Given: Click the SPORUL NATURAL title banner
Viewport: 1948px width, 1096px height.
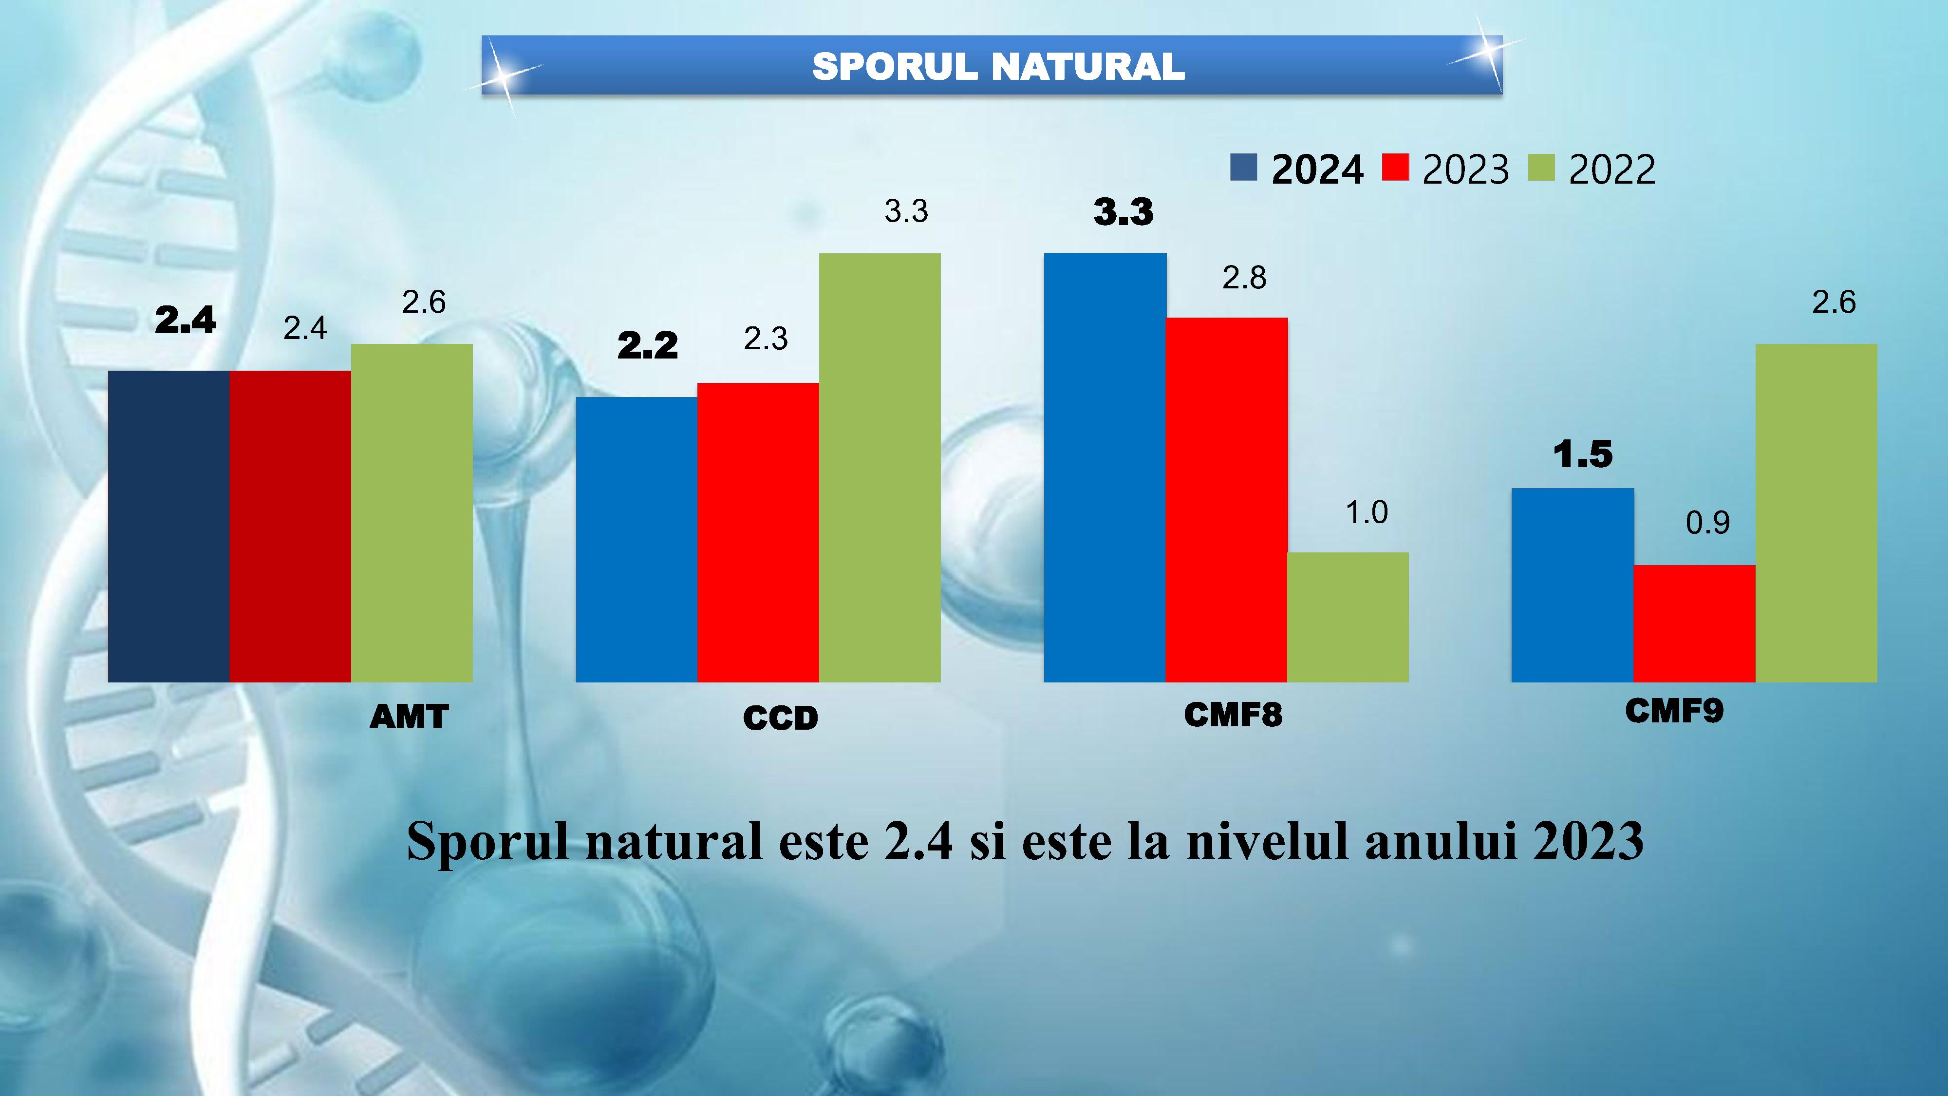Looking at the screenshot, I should point(992,66).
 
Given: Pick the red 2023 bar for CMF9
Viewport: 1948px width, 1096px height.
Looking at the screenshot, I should point(1694,624).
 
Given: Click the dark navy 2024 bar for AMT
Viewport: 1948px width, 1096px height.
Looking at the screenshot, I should point(169,527).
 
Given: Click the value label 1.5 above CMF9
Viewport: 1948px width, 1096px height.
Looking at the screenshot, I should point(1583,454).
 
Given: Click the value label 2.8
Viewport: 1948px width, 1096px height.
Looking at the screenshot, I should point(1244,278).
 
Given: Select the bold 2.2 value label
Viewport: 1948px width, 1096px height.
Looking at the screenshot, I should point(647,346).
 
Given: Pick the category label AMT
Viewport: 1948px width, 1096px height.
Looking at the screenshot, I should point(409,716).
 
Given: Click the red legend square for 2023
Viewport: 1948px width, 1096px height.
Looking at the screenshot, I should point(1395,167).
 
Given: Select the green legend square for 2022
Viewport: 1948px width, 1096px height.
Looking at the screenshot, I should point(1541,167).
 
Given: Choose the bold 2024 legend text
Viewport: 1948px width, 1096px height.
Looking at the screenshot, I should point(1317,169).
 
